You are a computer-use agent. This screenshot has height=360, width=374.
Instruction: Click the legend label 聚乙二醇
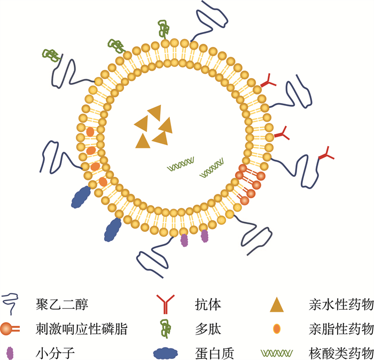(x=62, y=304)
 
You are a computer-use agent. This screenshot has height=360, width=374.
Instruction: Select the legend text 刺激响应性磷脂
(x=82, y=329)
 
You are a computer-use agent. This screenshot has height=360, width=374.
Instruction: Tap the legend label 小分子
(x=56, y=354)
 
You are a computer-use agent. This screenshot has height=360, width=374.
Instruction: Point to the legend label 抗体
(x=208, y=304)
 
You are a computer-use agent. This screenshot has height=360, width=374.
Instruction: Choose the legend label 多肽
(x=208, y=329)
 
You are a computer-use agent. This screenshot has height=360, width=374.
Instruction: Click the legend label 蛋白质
(x=214, y=354)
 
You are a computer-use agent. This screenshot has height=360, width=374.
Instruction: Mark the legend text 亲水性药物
(x=341, y=304)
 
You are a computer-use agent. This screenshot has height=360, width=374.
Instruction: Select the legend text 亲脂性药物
(x=341, y=329)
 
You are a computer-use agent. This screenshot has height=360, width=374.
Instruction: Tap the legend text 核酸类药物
(x=341, y=354)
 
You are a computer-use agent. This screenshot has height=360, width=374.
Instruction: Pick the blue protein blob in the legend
(x=166, y=354)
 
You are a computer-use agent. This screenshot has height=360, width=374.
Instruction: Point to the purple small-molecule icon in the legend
(x=10, y=353)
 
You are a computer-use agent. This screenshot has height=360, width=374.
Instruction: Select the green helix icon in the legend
(x=277, y=353)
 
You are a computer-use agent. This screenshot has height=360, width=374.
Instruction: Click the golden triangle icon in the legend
(x=277, y=305)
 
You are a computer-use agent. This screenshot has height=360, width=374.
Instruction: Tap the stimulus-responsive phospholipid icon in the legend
(x=10, y=329)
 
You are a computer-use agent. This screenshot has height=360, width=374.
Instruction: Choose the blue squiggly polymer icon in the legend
(x=11, y=304)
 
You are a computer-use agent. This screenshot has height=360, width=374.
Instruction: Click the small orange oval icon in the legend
(x=277, y=329)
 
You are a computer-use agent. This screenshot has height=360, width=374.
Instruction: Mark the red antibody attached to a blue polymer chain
(x=326, y=153)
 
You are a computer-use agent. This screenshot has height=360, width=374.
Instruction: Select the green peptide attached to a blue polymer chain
(x=52, y=56)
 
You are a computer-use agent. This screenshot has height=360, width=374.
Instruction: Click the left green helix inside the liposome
(x=181, y=164)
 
